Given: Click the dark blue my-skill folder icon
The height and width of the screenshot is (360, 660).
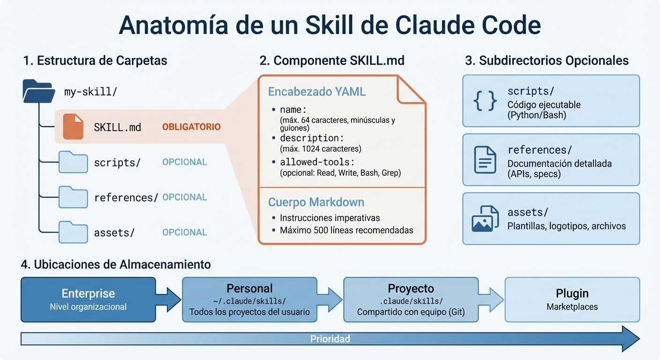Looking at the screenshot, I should point(37,91).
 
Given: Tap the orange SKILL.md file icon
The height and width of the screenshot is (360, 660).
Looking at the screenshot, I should point(73,127).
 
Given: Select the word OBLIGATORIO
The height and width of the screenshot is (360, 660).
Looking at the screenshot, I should point(191,127).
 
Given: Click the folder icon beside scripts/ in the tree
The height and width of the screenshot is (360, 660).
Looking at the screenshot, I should point(73,162).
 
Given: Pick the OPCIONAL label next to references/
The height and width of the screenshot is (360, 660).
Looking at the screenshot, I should point(184,197).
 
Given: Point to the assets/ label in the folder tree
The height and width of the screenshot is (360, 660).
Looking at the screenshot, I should point(114,232).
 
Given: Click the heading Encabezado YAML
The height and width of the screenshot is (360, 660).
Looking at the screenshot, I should point(316,92).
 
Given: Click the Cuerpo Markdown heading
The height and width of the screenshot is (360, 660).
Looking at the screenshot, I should point(316,202).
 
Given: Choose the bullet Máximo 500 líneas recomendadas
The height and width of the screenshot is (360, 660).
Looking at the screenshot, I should point(346,230).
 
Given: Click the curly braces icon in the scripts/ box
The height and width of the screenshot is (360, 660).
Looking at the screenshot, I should point(485,101).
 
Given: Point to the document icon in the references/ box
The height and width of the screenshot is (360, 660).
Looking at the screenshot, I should point(485,160).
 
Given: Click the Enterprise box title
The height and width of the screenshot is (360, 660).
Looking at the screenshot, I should point(88,293).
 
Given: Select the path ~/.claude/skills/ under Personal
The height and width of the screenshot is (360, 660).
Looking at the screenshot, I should point(249,301).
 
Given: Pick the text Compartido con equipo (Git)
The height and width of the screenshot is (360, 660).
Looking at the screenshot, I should point(411,312).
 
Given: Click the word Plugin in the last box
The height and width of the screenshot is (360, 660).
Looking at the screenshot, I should point(572,293).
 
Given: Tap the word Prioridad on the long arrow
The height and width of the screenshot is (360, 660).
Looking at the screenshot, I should point(330,339).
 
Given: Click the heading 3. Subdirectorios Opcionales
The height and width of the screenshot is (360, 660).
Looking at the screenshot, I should point(547,61).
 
